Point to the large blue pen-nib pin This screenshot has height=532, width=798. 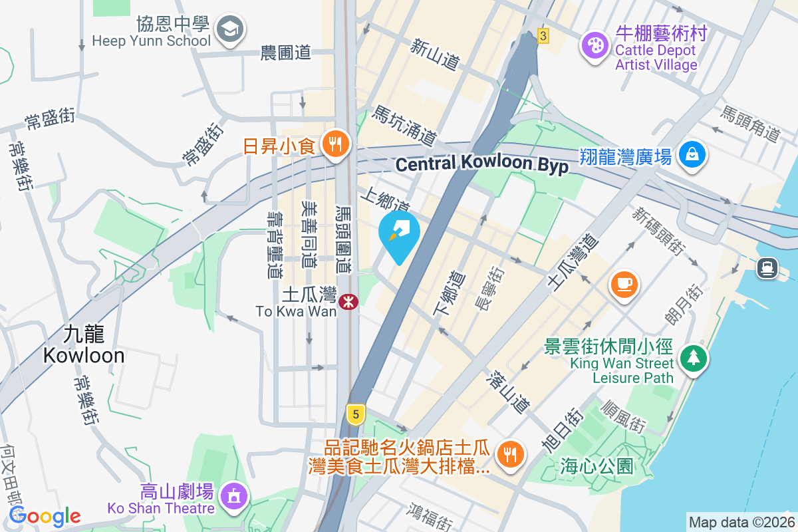pyautogui.click(x=399, y=232)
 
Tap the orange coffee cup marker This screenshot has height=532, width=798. pyautogui.click(x=624, y=284)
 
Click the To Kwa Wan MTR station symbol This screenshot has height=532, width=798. pyautogui.click(x=348, y=302)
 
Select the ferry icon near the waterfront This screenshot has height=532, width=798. pyautogui.click(x=767, y=267)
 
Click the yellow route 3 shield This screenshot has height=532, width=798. pyautogui.click(x=544, y=37)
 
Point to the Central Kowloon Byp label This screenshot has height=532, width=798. pyautogui.click(x=482, y=164)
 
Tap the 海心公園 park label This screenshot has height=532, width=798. pyautogui.click(x=597, y=465)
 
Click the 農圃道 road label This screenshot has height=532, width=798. pyautogui.click(x=286, y=53)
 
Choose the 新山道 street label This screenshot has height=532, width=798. pyautogui.click(x=435, y=55)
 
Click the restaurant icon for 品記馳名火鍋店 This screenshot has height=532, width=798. pyautogui.click(x=510, y=455)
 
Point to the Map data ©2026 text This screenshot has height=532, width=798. pyautogui.click(x=741, y=522)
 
